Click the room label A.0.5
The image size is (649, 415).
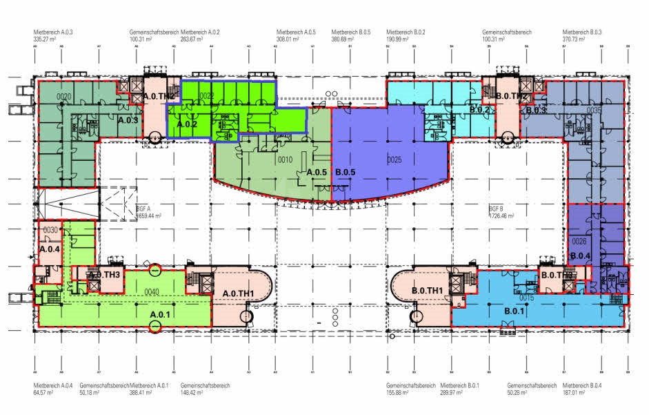point(317,172)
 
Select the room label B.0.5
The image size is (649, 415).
point(343,172)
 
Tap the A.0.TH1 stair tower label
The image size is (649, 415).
point(239,293)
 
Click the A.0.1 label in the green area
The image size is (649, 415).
point(161,314)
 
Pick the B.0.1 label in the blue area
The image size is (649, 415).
point(515,311)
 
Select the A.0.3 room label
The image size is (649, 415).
point(129,120)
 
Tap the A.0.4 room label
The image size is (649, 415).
point(50,249)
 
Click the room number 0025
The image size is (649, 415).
point(394,160)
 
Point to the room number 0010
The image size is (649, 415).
point(286,160)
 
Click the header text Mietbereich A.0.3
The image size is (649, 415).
point(53,32)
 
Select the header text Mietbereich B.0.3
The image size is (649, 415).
point(582,32)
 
